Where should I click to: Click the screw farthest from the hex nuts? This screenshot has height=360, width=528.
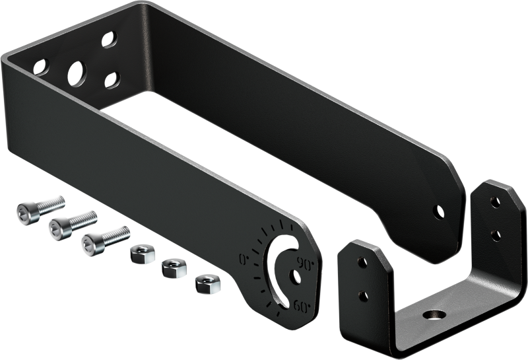click(x=40, y=209)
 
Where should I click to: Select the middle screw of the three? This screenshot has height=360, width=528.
click(x=73, y=225)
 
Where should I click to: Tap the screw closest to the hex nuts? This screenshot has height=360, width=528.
click(x=106, y=240)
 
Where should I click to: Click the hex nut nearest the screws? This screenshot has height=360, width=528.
click(x=143, y=254)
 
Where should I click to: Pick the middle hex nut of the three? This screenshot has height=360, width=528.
click(x=174, y=268)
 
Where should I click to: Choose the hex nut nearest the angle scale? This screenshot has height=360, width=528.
click(x=208, y=284)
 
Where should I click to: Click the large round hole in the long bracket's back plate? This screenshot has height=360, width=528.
click(x=77, y=74)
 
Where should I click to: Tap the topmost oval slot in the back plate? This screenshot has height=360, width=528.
click(x=110, y=40)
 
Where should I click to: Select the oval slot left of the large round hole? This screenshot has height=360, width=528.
click(x=41, y=67)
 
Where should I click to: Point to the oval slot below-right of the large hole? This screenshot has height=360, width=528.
click(x=112, y=80)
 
